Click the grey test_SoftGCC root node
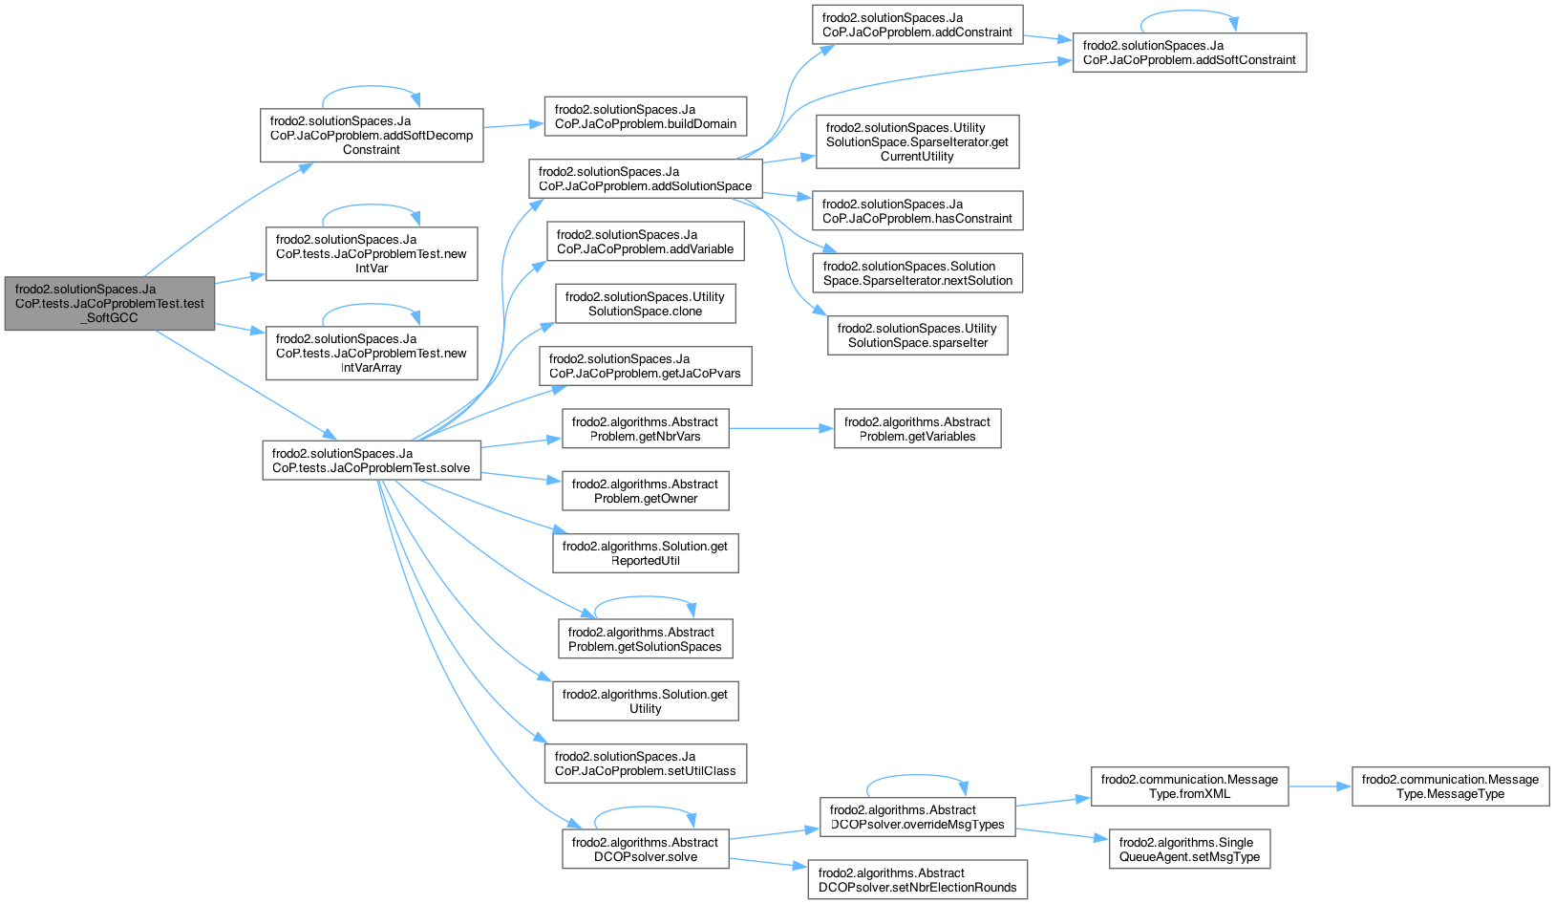point(110,304)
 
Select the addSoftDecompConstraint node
point(372,136)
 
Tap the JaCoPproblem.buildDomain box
point(646,117)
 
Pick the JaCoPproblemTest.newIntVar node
point(372,254)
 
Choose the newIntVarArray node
point(372,354)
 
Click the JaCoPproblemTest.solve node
point(372,461)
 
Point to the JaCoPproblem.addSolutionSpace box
point(645,179)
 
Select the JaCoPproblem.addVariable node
point(646,242)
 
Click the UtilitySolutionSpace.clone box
point(646,304)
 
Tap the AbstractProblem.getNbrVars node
point(646,429)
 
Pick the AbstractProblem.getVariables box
point(918,429)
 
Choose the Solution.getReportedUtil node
point(646,553)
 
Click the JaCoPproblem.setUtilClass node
point(646,764)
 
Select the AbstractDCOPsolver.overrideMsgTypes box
point(918,817)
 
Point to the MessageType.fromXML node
point(1189,786)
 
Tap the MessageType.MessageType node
point(1450,786)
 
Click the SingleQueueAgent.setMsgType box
point(1189,849)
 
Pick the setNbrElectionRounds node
point(918,880)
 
